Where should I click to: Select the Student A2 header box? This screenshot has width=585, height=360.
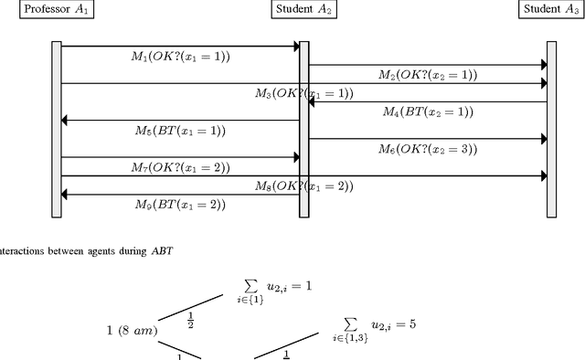[x=303, y=10]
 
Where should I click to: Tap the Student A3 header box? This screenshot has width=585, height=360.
[x=551, y=10]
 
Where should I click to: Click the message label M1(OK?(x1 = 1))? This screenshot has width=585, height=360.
[x=180, y=57]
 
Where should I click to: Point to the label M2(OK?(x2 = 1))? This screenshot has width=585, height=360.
[x=428, y=75]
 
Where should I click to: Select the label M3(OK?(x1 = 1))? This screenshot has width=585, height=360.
[x=303, y=94]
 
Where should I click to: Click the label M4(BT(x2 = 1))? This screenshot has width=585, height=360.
[x=428, y=111]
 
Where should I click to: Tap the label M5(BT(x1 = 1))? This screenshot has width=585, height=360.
[x=180, y=130]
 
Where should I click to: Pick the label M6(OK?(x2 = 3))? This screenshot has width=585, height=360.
[x=428, y=149]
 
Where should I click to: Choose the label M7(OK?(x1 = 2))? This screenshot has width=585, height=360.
[x=180, y=167]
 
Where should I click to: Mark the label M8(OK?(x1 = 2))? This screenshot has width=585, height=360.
[x=303, y=185]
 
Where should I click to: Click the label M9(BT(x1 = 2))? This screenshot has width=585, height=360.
[x=180, y=204]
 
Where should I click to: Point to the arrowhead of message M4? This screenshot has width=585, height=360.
[x=313, y=101]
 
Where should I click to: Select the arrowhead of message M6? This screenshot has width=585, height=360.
[x=542, y=139]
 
